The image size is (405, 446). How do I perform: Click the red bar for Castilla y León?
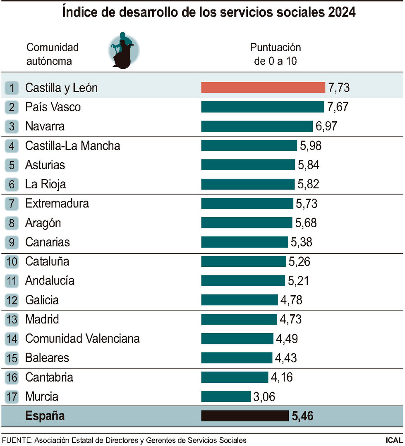[263, 88]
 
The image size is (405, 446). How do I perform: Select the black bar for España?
[245, 416]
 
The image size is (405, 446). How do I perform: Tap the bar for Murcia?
[226, 396]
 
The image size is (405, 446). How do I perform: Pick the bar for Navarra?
[257, 126]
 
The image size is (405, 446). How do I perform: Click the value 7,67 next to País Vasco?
[338, 107]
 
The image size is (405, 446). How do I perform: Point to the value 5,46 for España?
[302, 416]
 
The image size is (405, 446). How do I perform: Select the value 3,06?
[264, 396]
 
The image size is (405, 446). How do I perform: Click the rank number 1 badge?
[12, 88]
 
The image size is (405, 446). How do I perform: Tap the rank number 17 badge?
[12, 397]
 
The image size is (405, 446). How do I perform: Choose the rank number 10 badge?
[12, 261]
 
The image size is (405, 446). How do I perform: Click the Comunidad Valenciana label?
[82, 339]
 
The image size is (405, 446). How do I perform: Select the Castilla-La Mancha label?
[73, 145]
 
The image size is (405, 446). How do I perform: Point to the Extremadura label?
[57, 203]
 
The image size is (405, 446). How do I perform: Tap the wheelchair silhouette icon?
[123, 50]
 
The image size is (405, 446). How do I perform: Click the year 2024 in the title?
[342, 12]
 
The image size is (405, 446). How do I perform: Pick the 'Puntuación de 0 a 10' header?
[275, 54]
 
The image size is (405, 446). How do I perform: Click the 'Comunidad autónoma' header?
[52, 54]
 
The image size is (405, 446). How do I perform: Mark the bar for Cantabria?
[235, 377]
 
